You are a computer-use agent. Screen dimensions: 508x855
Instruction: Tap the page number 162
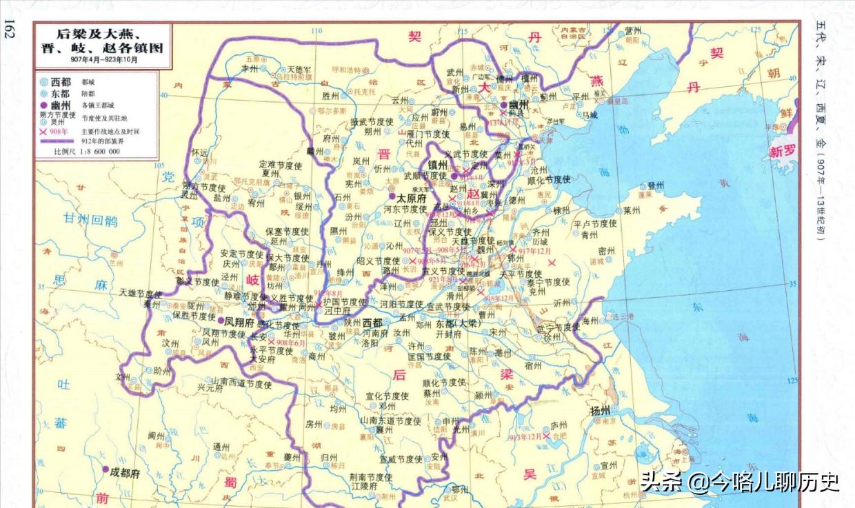pyautogui.click(x=10, y=32)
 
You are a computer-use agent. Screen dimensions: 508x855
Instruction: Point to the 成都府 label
pyautogui.click(x=125, y=474)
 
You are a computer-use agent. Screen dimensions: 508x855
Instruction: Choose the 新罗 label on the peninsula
pyautogui.click(x=784, y=152)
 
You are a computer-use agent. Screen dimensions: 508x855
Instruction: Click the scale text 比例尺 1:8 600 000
pyautogui.click(x=86, y=151)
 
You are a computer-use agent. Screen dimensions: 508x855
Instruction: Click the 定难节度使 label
pyautogui.click(x=281, y=165)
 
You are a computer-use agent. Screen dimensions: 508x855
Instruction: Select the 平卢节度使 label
pyautogui.click(x=594, y=224)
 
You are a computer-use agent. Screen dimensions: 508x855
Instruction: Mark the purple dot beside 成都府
pyautogui.click(x=105, y=469)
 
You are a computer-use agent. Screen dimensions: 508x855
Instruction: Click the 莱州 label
pyautogui.click(x=632, y=211)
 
